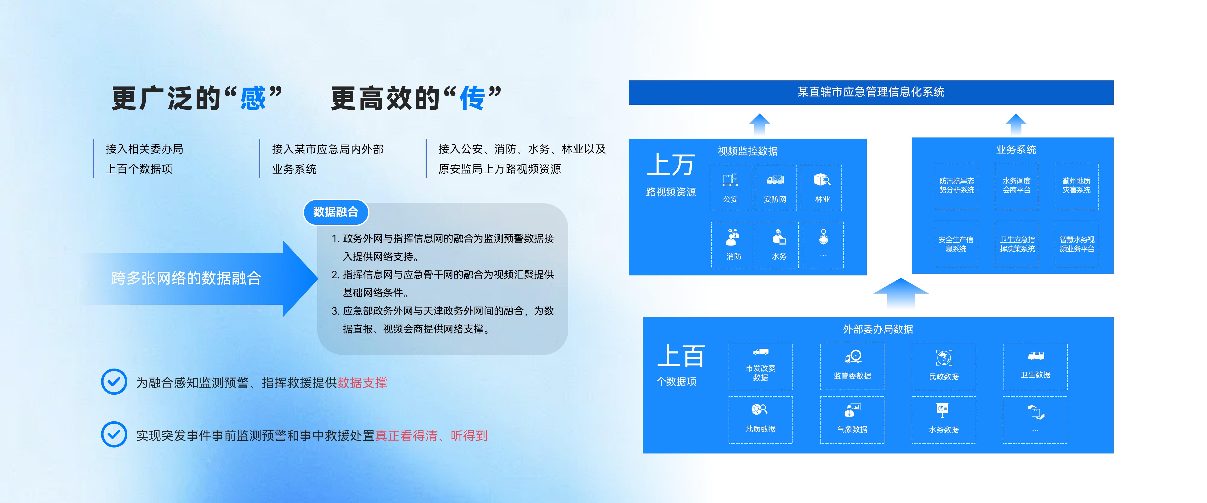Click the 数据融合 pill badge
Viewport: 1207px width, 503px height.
coord(336,212)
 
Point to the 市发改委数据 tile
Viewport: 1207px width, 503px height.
coord(760,367)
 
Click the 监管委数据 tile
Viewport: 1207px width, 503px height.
coord(852,367)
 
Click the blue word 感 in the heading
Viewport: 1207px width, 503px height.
coord(253,98)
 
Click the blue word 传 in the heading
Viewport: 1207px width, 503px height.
coord(472,98)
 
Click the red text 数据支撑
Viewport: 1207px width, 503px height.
coord(362,383)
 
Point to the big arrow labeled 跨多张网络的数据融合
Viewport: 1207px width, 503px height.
coord(201,279)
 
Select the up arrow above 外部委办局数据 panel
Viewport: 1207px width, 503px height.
coord(900,293)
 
